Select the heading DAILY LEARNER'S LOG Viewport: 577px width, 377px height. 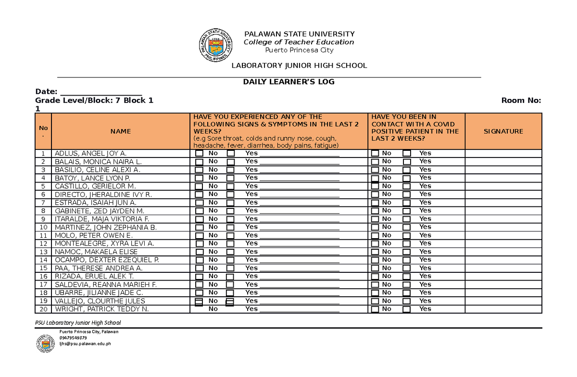[x=288, y=82]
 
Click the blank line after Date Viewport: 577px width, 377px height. [x=100, y=92]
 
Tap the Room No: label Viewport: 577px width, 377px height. [x=521, y=100]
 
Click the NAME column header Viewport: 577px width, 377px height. [x=120, y=131]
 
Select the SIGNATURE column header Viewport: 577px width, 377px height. [x=503, y=131]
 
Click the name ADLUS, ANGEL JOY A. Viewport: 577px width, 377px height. [x=91, y=153]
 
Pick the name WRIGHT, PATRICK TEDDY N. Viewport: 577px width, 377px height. [x=101, y=309]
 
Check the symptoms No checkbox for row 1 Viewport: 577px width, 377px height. [x=199, y=154]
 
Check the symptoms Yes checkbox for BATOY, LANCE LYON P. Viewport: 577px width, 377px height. [x=231, y=178]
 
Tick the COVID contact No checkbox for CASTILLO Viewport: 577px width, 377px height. [x=375, y=186]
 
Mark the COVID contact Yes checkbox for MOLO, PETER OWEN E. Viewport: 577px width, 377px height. [x=407, y=236]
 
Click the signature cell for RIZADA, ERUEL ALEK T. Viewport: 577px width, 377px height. [x=503, y=276]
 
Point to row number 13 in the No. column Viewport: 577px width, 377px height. [x=44, y=252]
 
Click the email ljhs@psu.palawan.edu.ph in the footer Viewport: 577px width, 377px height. [x=85, y=343]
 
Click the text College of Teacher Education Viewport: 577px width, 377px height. [x=299, y=42]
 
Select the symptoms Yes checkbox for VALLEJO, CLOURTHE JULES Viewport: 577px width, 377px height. [x=230, y=301]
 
